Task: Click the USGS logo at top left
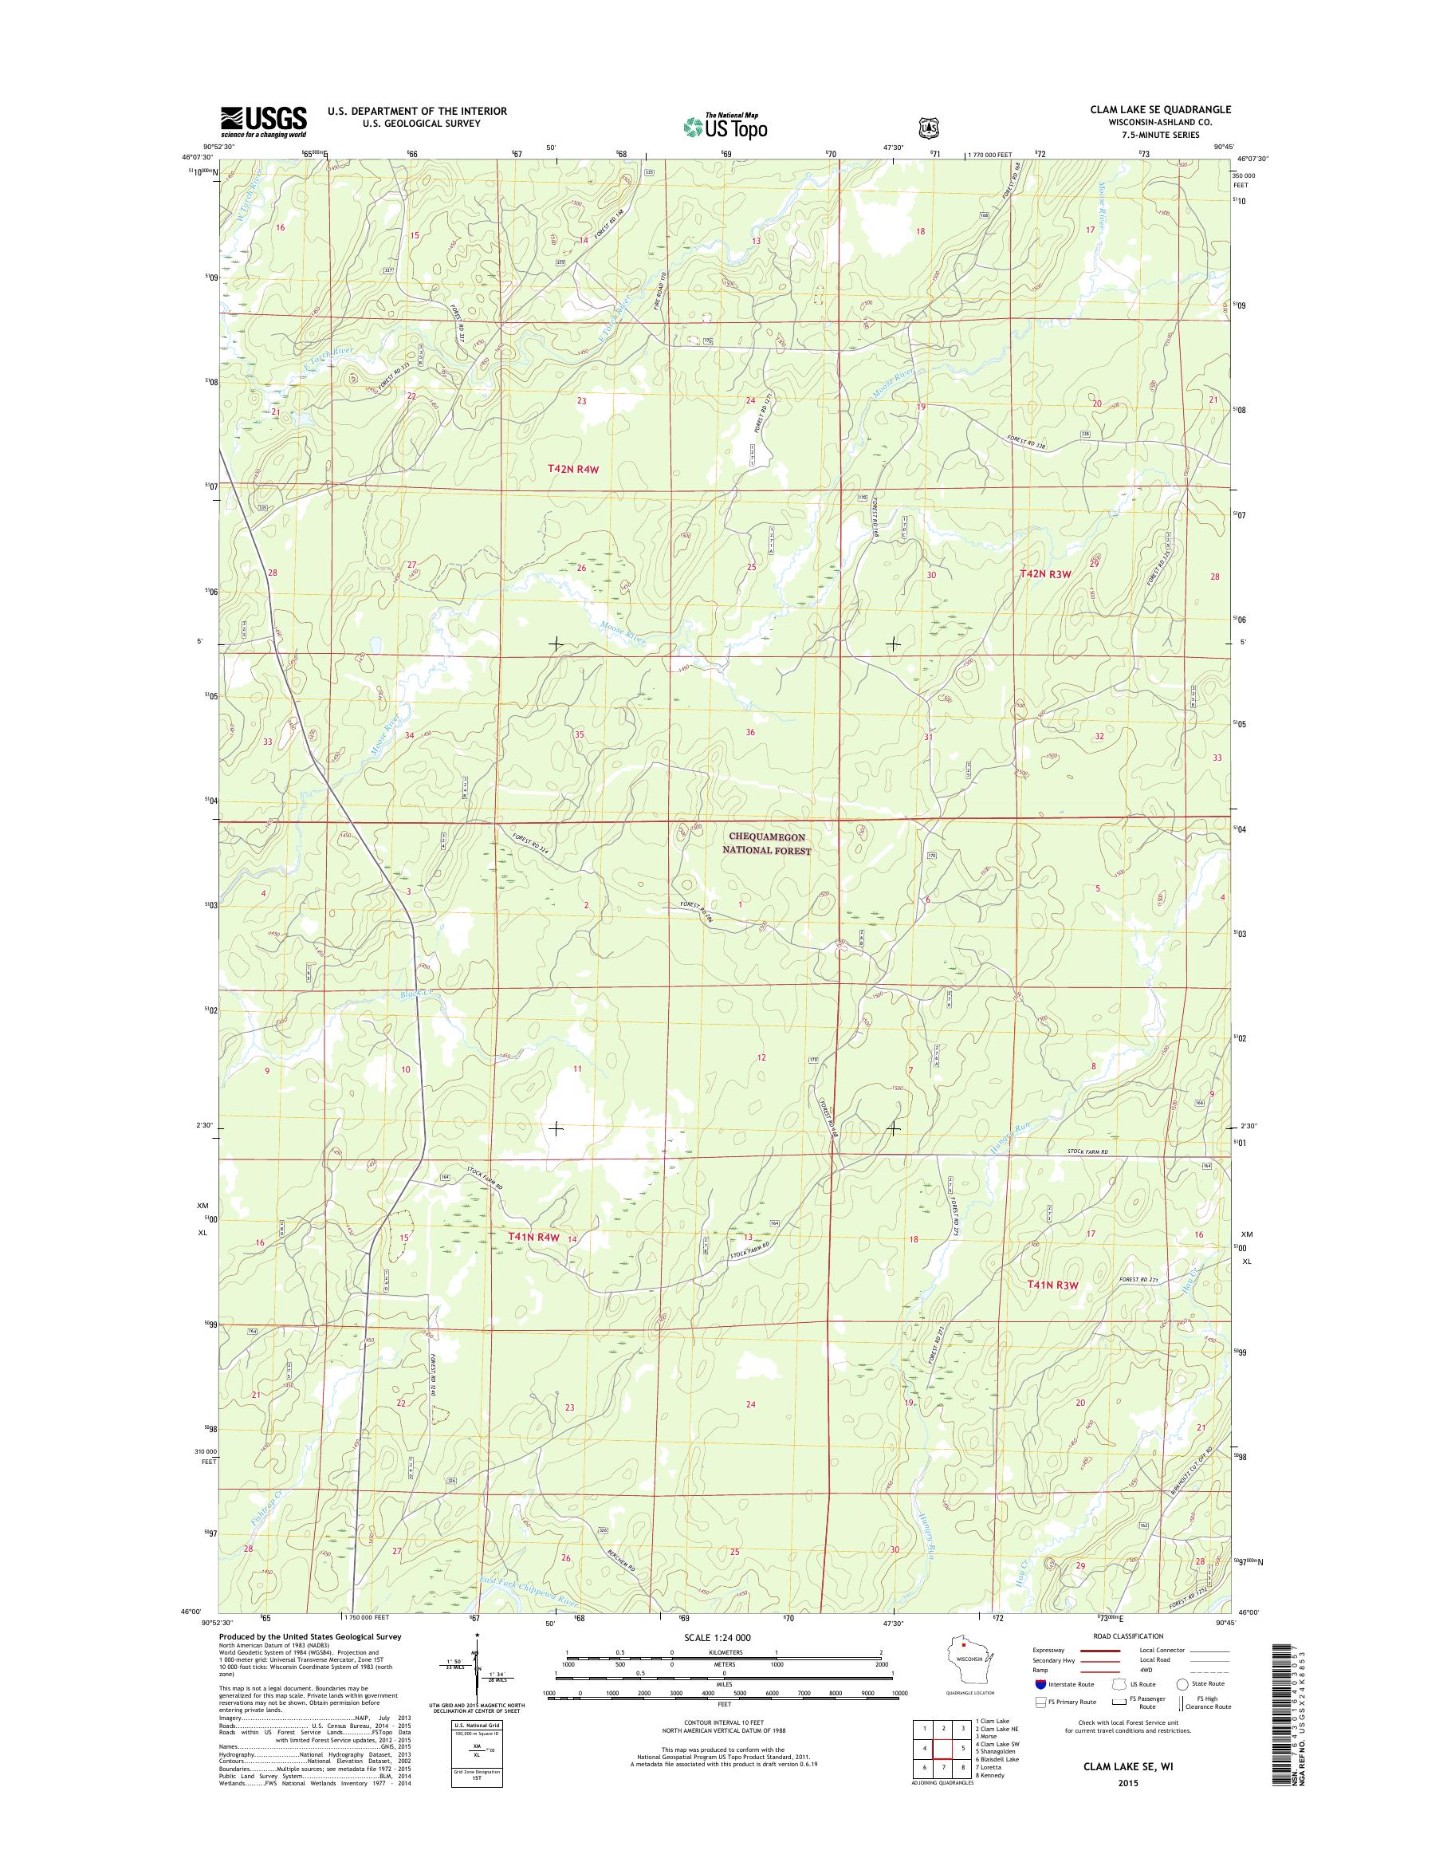pos(263,121)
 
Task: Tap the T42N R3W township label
pos(1046,574)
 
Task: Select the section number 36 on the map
pos(750,732)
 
